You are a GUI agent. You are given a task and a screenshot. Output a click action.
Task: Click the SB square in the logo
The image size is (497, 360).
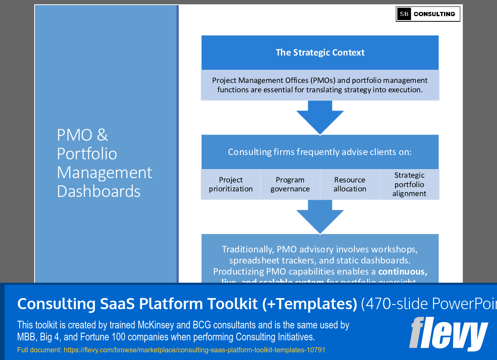point(404,14)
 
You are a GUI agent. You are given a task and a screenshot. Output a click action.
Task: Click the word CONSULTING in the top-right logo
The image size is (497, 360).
point(434,14)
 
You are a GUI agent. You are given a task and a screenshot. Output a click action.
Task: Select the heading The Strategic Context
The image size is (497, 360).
point(320,53)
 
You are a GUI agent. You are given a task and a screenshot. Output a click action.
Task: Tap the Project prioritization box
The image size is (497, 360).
point(231,184)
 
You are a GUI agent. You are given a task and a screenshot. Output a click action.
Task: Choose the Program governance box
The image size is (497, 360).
point(290,184)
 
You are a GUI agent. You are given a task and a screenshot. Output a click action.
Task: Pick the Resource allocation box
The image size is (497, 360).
point(350,184)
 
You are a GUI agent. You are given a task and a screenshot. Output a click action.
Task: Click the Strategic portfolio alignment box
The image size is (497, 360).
point(409,184)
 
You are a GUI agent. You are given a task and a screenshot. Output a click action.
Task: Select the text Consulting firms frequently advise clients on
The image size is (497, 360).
point(320,152)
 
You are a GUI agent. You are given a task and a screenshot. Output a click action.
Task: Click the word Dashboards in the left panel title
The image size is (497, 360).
point(99,191)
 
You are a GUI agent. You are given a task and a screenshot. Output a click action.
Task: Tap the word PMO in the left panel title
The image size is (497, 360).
point(75,135)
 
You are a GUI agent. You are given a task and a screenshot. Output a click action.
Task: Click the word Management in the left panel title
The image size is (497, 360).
point(104,173)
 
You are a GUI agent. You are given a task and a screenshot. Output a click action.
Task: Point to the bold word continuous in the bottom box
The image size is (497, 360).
point(402,272)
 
